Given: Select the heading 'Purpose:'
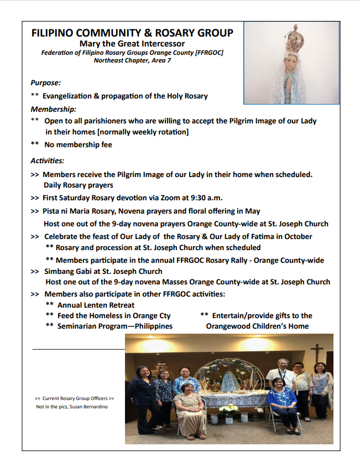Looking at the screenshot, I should [45, 83].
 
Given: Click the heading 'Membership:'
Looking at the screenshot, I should [54, 109].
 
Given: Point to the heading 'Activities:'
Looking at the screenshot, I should [48, 161].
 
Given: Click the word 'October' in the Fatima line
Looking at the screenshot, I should [297, 236].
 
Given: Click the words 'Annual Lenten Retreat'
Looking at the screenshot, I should [96, 305].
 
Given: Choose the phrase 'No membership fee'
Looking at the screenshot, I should [77, 145].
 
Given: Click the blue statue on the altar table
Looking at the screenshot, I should [230, 382].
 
